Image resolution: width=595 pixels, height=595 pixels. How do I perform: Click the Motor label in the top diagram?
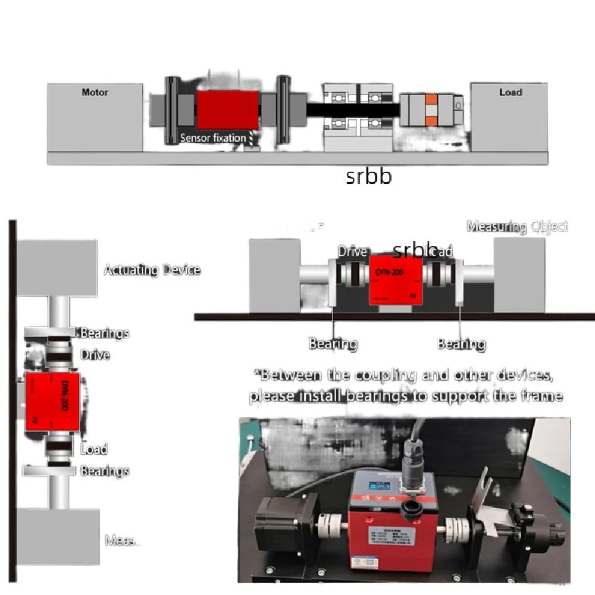(x=95, y=93)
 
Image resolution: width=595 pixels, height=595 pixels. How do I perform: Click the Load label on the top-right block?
(x=511, y=92)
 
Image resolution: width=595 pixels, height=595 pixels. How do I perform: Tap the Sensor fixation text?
(x=213, y=138)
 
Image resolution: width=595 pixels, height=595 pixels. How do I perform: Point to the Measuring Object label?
(x=517, y=226)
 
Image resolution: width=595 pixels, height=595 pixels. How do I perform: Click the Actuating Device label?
(x=152, y=270)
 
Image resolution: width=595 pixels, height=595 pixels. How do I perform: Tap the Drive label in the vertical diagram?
(x=95, y=355)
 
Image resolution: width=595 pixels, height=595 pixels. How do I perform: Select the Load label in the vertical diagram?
(x=94, y=449)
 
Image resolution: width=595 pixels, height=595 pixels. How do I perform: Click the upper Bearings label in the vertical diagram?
(x=105, y=333)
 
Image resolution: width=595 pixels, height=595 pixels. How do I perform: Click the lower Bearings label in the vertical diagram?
(x=105, y=471)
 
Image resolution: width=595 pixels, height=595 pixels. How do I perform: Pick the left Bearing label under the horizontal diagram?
(x=333, y=344)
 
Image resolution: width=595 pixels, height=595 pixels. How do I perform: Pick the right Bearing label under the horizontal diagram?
(x=461, y=344)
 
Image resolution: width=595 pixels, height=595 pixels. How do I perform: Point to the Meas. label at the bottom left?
(x=121, y=541)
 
